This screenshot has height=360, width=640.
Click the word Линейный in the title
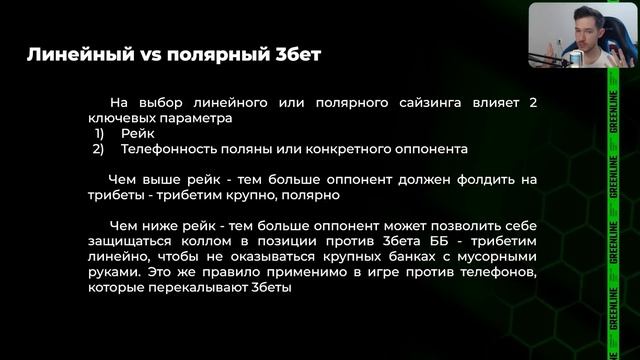[77, 54]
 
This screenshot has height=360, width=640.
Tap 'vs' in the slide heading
[146, 54]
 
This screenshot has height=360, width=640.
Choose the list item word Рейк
[137, 133]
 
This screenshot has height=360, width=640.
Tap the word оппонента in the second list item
[433, 149]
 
